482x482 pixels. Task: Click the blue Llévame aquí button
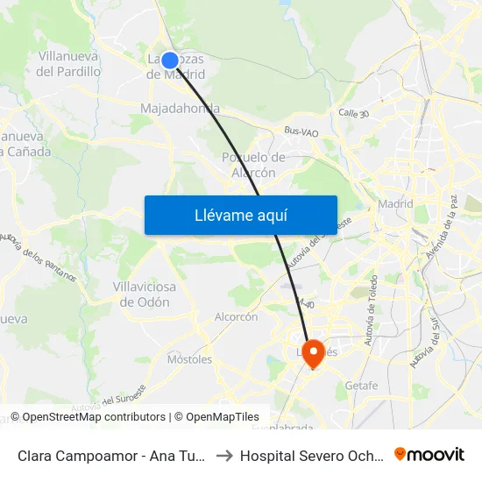240,215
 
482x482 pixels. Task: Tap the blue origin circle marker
171,60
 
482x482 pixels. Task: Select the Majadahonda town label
180,109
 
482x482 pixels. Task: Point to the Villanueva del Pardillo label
68,63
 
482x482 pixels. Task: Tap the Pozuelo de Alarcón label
253,165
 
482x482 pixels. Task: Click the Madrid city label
395,204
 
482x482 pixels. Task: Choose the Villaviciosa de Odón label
145,294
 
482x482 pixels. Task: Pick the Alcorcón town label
236,316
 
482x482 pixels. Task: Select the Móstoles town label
189,359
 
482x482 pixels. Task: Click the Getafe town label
361,385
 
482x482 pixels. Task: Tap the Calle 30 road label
354,113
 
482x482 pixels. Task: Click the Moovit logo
429,454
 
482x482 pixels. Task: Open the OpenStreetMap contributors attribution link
89,417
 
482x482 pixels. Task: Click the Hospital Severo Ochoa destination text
312,456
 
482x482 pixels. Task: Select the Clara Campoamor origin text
112,456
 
